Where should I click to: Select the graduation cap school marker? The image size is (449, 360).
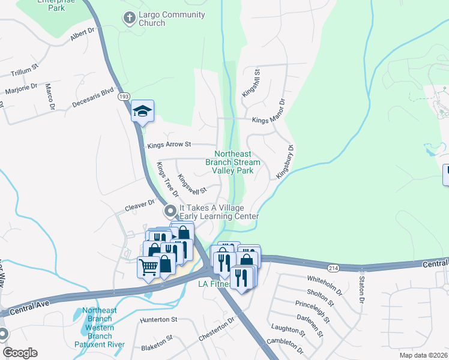tap(143, 111)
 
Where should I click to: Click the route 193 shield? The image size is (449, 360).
tap(124, 96)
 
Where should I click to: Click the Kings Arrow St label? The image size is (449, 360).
tap(169, 145)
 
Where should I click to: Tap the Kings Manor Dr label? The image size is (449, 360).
tap(268, 120)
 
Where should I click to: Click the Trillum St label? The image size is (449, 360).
tap(25, 73)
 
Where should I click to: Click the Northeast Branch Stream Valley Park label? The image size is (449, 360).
tap(233, 162)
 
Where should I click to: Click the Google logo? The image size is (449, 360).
tap(20, 353)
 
